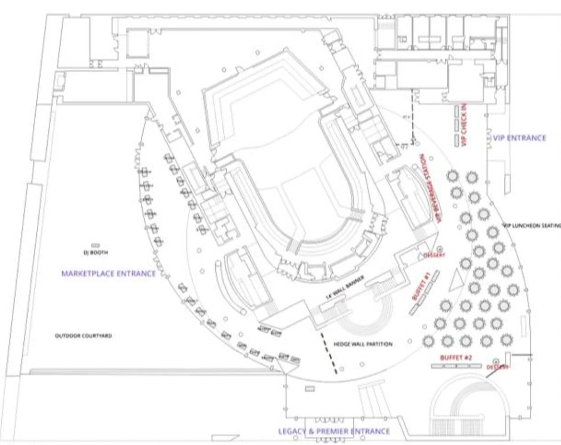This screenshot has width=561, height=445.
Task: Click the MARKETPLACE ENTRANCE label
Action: (x=108, y=273)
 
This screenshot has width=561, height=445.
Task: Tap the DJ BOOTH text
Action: (x=96, y=253)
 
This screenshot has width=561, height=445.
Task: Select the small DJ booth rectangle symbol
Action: (x=96, y=245)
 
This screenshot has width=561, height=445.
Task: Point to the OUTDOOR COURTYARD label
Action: (x=83, y=336)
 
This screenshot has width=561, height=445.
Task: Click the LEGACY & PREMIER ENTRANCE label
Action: (x=334, y=431)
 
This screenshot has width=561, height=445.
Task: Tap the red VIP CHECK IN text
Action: (x=464, y=125)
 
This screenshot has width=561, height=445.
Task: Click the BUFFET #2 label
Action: (x=456, y=358)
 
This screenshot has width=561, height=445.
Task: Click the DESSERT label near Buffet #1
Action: (x=435, y=255)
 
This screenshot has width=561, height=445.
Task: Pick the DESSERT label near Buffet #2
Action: (x=498, y=367)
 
